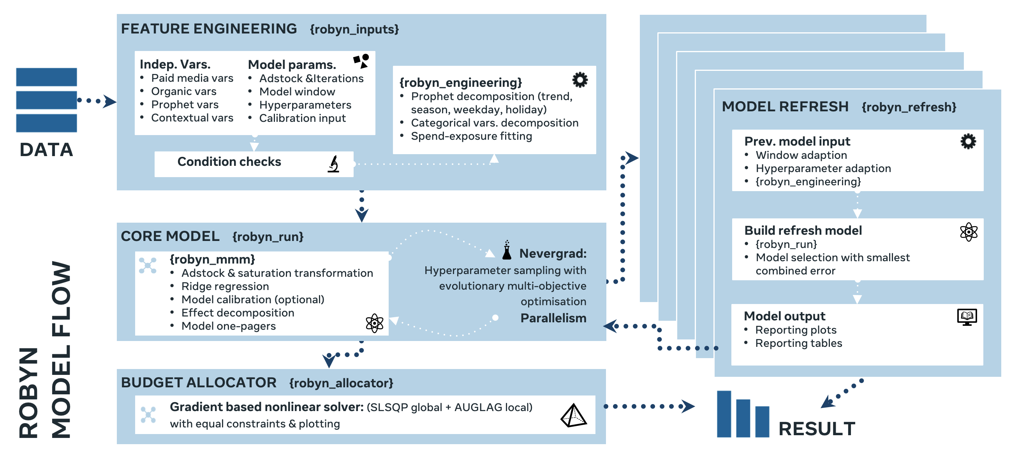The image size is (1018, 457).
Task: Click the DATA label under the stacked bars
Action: click(46, 150)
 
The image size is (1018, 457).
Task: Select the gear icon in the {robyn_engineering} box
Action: click(580, 80)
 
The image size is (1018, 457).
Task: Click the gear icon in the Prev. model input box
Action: click(968, 141)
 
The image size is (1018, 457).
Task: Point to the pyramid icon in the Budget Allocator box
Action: click(573, 415)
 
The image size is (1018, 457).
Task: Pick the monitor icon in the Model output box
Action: click(967, 317)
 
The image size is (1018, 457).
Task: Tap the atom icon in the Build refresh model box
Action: click(969, 232)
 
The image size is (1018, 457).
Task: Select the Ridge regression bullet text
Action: click(225, 287)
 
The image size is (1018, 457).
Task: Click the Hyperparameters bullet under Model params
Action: click(305, 105)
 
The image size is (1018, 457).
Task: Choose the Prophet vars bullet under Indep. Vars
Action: click(185, 105)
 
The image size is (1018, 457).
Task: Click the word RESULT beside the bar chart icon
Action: click(816, 429)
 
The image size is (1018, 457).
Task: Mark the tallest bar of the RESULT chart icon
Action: click(724, 413)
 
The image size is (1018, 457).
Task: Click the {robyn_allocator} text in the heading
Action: click(341, 383)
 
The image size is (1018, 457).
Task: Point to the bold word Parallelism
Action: click(553, 318)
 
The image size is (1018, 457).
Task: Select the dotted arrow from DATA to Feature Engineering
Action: click(97, 101)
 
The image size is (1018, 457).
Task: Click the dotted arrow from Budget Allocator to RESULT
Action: click(648, 406)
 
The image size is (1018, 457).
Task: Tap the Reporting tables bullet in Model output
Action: click(798, 343)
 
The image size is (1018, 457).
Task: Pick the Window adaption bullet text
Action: click(801, 155)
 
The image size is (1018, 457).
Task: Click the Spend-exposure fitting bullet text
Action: click(471, 136)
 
